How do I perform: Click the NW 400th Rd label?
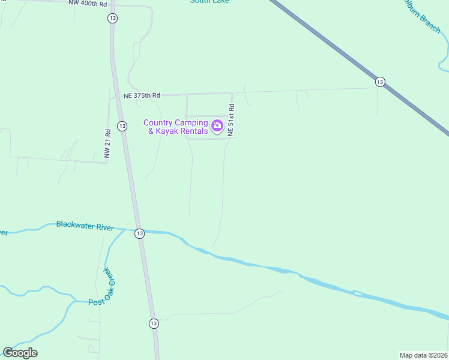[87, 3]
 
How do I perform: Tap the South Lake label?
[209, 2]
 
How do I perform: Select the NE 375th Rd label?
[142, 95]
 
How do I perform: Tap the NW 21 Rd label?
[108, 145]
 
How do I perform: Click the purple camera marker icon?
[217, 127]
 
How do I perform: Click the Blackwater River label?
[85, 225]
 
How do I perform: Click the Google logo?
[20, 353]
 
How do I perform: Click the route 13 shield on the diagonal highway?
[379, 82]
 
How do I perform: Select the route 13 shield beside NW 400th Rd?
[112, 19]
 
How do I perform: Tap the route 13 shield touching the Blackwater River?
[139, 233]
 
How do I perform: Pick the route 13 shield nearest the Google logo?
[154, 323]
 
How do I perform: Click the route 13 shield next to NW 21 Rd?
[122, 126]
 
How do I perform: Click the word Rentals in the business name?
[192, 131]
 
